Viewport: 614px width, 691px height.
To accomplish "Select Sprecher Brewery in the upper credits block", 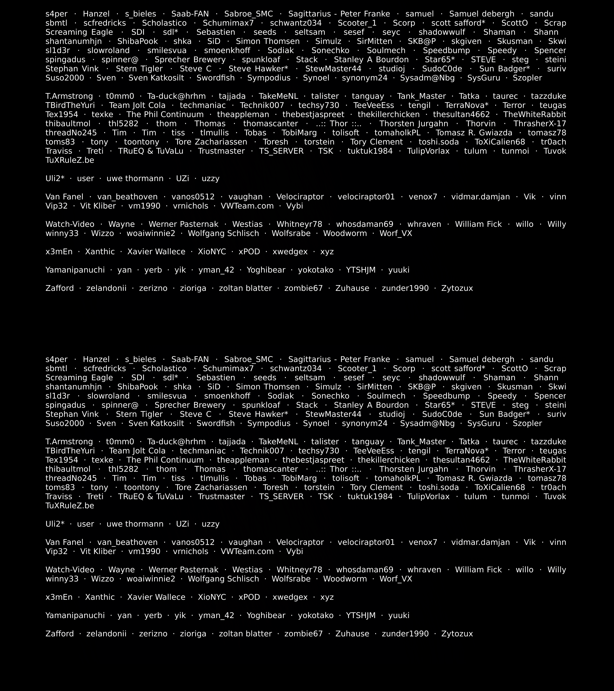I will pos(190,60).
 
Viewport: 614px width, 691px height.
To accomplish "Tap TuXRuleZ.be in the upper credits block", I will pos(70,160).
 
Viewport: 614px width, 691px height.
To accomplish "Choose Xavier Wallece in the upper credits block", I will pos(156,252).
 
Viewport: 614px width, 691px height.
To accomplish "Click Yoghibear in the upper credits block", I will pos(266,270).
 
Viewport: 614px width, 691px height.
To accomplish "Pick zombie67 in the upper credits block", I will pos(303,288).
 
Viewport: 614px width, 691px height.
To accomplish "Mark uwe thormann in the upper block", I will pos(135,178).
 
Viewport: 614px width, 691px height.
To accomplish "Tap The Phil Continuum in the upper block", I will pos(165,115).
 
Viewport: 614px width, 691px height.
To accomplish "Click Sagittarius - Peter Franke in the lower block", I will pos(339,359).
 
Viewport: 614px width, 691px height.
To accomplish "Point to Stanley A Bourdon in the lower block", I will pos(371,405).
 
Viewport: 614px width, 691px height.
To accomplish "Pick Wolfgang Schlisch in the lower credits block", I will pos(223,579).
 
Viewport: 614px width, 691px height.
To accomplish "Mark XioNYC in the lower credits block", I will pos(212,597).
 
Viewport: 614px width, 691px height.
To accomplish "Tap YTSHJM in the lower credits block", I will pos(361,615).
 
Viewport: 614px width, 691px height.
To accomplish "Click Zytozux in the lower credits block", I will pos(457,634).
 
